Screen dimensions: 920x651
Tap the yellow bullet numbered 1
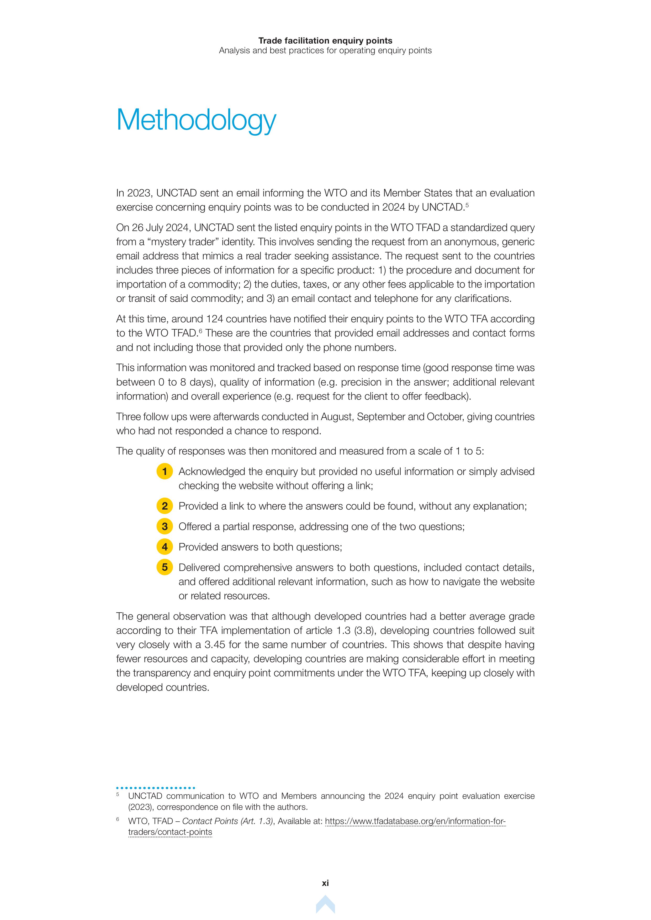tap(164, 471)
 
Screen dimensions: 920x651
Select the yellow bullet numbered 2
tap(164, 506)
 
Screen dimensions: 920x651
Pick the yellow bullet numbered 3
tap(164, 527)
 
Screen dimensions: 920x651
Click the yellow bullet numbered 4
tap(164, 547)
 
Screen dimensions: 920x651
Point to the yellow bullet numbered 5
tap(164, 567)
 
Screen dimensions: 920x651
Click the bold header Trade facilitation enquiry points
tap(325, 40)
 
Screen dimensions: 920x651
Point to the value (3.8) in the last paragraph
tap(364, 631)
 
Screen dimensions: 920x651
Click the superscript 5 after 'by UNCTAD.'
tap(467, 205)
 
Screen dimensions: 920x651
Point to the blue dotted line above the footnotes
tap(156, 788)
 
